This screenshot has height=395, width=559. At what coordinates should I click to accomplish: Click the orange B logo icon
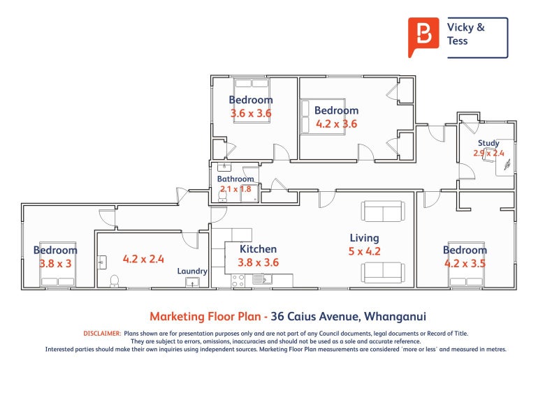pyautogui.click(x=423, y=37)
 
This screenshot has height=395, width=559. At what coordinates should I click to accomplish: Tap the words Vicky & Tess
pyautogui.click(x=465, y=33)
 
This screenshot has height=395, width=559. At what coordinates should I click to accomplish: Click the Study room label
pyautogui.click(x=488, y=143)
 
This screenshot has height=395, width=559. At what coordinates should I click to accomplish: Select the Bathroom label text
pyautogui.click(x=235, y=179)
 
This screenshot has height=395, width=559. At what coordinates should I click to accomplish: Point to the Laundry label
pyautogui.click(x=192, y=271)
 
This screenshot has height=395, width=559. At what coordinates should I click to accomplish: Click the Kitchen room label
pyautogui.click(x=258, y=249)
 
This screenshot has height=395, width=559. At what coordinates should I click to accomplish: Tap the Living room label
pyautogui.click(x=364, y=238)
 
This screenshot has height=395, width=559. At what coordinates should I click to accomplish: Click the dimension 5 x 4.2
pyautogui.click(x=364, y=251)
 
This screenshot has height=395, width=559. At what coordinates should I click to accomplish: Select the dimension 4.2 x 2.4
pyautogui.click(x=143, y=259)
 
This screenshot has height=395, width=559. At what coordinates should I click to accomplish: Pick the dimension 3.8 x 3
pyautogui.click(x=56, y=264)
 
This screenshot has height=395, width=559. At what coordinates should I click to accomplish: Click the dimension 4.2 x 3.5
pyautogui.click(x=465, y=264)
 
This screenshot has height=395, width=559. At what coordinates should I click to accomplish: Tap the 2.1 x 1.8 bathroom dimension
pyautogui.click(x=235, y=188)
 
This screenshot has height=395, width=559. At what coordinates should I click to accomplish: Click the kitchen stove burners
pyautogui.click(x=238, y=281)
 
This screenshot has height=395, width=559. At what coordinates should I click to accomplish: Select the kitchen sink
pyautogui.click(x=262, y=279)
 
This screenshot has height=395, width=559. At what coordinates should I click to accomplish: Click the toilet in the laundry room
pyautogui.click(x=115, y=281)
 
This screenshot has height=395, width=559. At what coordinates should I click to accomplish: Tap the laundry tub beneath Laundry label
pyautogui.click(x=193, y=283)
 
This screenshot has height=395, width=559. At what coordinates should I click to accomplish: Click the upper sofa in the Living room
pyautogui.click(x=383, y=211)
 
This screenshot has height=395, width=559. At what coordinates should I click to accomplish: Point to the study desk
pyautogui.click(x=504, y=158)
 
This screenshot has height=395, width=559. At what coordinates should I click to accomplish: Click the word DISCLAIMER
pyautogui.click(x=102, y=334)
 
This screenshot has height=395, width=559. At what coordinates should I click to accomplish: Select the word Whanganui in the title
pyautogui.click(x=395, y=316)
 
